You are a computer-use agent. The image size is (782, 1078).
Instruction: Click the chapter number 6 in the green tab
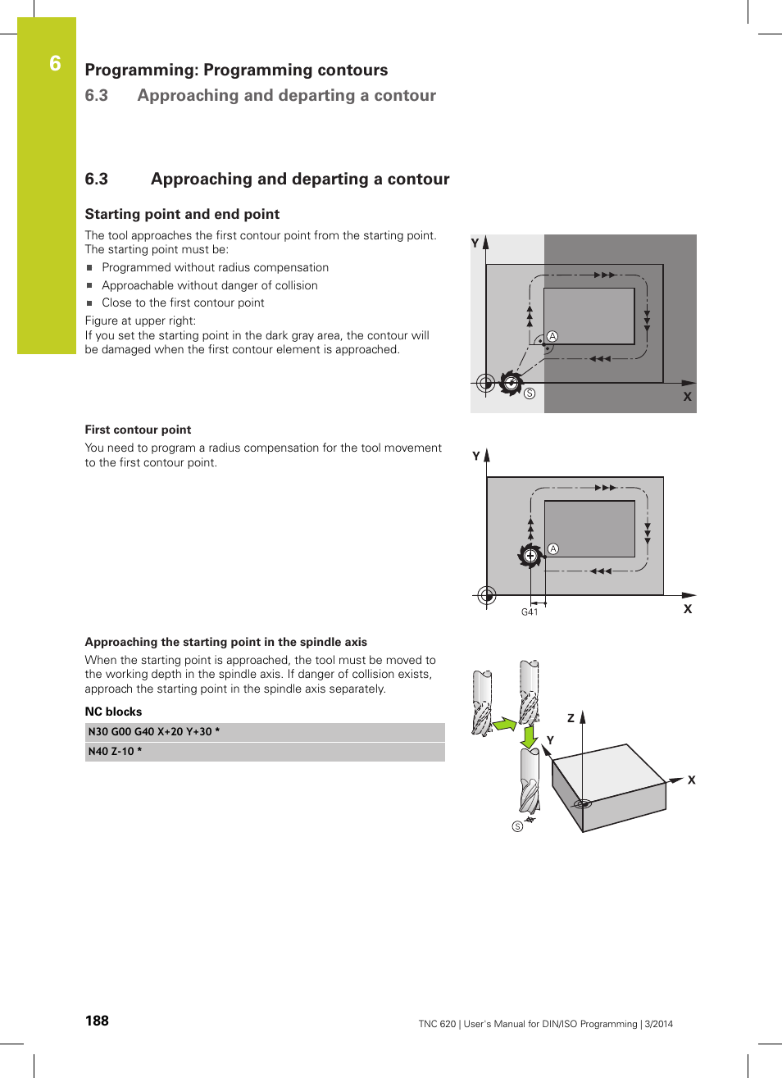55,64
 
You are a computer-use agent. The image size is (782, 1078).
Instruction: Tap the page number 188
97,1021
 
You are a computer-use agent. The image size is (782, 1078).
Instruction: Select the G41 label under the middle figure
530,612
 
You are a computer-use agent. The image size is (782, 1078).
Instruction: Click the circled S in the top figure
530,394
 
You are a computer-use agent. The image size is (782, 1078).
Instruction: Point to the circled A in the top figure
552,337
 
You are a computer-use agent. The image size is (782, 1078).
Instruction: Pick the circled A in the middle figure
553,549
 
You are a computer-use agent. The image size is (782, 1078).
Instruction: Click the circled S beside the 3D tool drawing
517,826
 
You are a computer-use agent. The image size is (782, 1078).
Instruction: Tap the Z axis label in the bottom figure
571,718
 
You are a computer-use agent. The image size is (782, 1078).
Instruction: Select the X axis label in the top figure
687,397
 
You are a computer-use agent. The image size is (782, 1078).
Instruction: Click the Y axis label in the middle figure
476,457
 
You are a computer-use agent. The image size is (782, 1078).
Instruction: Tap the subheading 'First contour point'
138,430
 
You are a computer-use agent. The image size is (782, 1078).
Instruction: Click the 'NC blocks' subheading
113,712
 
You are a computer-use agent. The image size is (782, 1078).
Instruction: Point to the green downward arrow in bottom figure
530,735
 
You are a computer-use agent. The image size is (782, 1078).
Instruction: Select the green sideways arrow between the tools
503,725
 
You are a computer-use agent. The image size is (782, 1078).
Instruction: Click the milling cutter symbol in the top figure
511,383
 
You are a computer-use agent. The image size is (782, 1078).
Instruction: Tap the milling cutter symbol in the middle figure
530,556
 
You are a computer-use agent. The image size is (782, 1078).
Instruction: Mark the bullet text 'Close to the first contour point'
183,302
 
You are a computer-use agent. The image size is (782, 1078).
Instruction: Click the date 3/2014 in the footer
658,1024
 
